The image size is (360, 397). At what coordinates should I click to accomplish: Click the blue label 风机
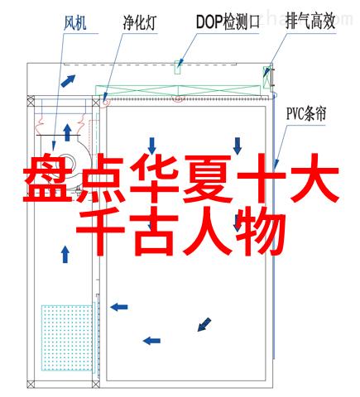74,22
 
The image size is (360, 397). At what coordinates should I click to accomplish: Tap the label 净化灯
140,22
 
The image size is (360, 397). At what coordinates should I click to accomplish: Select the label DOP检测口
228,22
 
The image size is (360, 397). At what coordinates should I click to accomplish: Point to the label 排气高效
310,22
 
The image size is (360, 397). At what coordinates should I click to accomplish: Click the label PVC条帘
306,113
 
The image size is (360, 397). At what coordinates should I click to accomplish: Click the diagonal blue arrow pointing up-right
68,80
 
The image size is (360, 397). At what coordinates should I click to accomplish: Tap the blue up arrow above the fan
67,132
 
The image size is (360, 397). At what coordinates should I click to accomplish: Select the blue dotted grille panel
67,337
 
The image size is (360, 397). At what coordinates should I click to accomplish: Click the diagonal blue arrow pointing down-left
204,324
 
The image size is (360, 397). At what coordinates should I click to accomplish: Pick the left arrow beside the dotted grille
119,307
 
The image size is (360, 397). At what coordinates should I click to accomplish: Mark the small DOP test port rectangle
178,67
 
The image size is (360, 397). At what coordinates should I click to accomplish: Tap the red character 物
261,231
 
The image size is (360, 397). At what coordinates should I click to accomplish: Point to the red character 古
155,231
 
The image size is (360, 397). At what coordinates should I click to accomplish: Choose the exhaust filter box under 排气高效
266,77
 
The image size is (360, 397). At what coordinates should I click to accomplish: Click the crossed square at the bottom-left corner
31,384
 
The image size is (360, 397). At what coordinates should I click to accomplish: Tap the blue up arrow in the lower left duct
65,254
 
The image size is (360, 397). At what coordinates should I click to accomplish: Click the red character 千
100,231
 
